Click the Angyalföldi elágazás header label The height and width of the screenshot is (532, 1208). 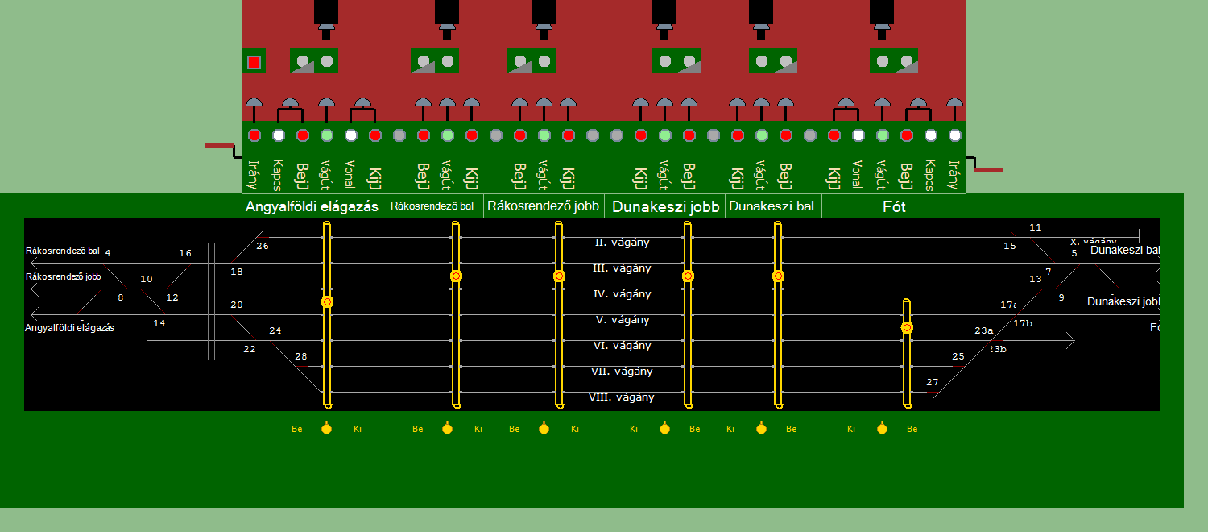(312, 206)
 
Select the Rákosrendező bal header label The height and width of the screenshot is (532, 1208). (432, 206)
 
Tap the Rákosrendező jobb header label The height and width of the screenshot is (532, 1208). (544, 206)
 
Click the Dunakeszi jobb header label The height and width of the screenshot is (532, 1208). (665, 206)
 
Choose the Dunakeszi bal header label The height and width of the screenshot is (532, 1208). (771, 206)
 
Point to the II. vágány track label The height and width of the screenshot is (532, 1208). (622, 242)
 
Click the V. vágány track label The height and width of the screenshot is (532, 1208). (622, 320)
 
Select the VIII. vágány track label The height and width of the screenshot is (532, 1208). (622, 397)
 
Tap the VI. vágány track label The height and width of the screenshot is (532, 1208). (622, 346)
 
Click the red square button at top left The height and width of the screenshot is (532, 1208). (254, 62)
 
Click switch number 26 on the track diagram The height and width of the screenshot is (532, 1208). (263, 246)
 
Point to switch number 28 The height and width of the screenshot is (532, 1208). (301, 356)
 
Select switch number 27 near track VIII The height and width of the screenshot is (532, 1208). (933, 382)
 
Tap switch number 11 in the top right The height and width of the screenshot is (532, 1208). (1036, 227)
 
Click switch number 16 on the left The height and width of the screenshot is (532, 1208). (185, 253)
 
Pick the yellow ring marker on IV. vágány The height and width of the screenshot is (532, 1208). (327, 302)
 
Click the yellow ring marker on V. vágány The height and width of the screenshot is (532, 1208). (907, 328)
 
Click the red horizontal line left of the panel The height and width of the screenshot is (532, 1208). (218, 146)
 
